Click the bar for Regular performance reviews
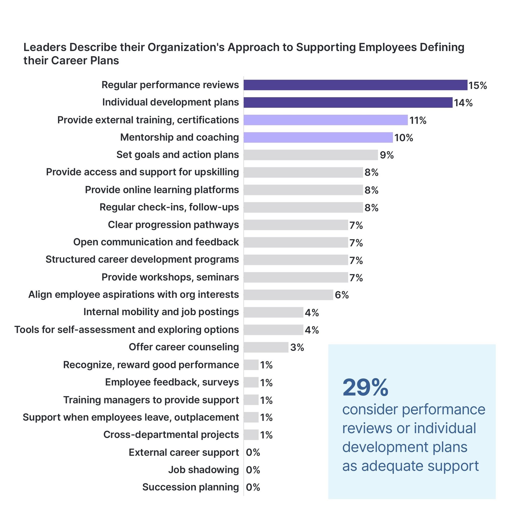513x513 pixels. [x=355, y=85]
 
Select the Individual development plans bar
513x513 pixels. [x=348, y=102]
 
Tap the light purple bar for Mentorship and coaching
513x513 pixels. [x=318, y=138]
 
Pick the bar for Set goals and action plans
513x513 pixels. [x=311, y=155]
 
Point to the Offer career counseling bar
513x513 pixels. [x=266, y=347]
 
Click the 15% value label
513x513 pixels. [x=477, y=86]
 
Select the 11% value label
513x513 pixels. [x=418, y=121]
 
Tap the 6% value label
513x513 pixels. [x=342, y=295]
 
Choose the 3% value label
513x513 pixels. [x=297, y=347]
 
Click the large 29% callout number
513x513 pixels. [x=365, y=388]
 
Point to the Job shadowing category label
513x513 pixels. [x=204, y=470]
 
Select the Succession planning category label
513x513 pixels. [x=191, y=487]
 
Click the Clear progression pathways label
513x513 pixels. [x=173, y=225]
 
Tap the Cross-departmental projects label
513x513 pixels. [x=171, y=435]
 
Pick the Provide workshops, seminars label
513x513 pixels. [x=170, y=277]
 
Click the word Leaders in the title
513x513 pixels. [x=45, y=47]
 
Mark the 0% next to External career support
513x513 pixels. [x=253, y=452]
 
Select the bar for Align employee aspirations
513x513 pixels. [x=288, y=295]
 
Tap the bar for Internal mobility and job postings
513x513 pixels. [x=273, y=312]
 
